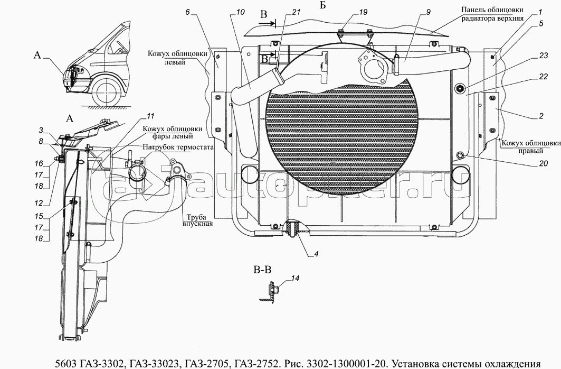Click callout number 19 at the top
[363, 12]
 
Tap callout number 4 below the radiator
[316, 254]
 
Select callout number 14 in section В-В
[295, 279]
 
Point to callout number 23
[544, 56]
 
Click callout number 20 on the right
[544, 163]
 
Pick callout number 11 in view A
[150, 116]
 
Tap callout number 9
[428, 12]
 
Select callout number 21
[296, 12]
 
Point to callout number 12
[39, 203]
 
